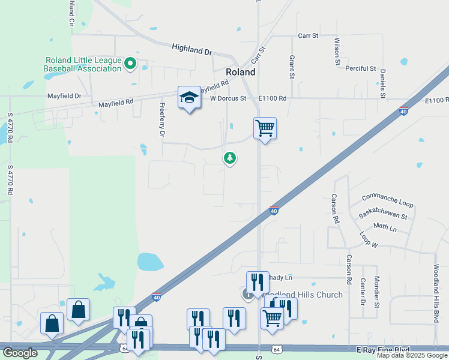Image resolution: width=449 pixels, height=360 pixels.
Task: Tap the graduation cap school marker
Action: tap(188, 98)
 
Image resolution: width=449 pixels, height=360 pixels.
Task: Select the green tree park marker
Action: tap(229, 158)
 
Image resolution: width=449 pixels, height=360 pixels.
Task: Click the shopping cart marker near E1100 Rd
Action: tap(264, 128)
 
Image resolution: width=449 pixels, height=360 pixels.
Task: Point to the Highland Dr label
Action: tap(192, 49)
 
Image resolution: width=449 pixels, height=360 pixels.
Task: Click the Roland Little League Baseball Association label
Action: tap(82, 64)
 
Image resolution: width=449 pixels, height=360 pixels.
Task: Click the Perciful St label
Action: tap(360, 69)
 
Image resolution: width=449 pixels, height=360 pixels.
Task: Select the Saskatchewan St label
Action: tap(383, 212)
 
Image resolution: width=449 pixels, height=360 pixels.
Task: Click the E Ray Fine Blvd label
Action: tap(382, 350)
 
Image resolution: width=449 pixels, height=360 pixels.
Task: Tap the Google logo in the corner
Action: tap(20, 353)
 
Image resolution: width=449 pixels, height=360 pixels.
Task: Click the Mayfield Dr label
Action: tap(64, 96)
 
